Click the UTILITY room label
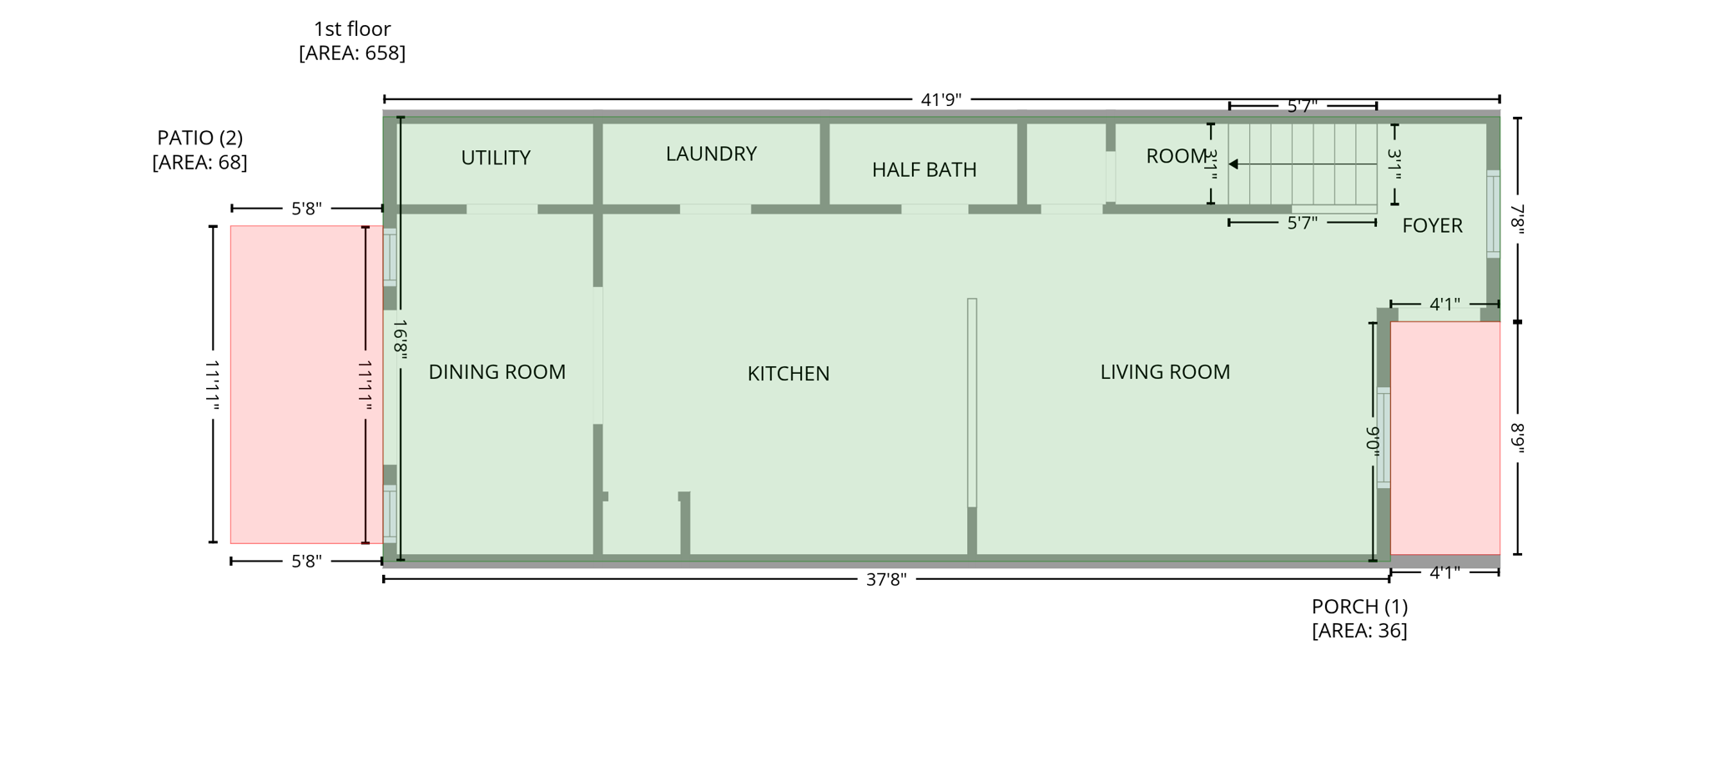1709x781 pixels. tap(496, 158)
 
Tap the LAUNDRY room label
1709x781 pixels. tap(711, 154)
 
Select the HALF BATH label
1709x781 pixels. tap(924, 170)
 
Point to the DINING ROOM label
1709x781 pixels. tap(497, 372)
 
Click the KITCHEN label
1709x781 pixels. tap(788, 374)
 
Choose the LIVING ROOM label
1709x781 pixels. tap(1164, 372)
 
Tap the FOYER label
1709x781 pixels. tap(1432, 225)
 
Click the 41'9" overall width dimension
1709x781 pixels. tap(940, 100)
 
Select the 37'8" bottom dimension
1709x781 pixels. tap(885, 580)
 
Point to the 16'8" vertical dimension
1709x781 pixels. tap(401, 340)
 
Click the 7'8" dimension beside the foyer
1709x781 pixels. tap(1517, 220)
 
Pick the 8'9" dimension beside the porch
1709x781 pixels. tap(1517, 438)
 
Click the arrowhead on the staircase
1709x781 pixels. tap(1233, 164)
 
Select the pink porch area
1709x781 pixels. tap(1444, 438)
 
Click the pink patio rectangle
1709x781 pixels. tap(296, 385)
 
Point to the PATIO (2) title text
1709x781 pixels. tap(200, 138)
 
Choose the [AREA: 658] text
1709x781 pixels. tap(352, 53)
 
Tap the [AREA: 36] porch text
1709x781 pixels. tap(1359, 631)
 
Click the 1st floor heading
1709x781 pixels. tap(352, 29)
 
